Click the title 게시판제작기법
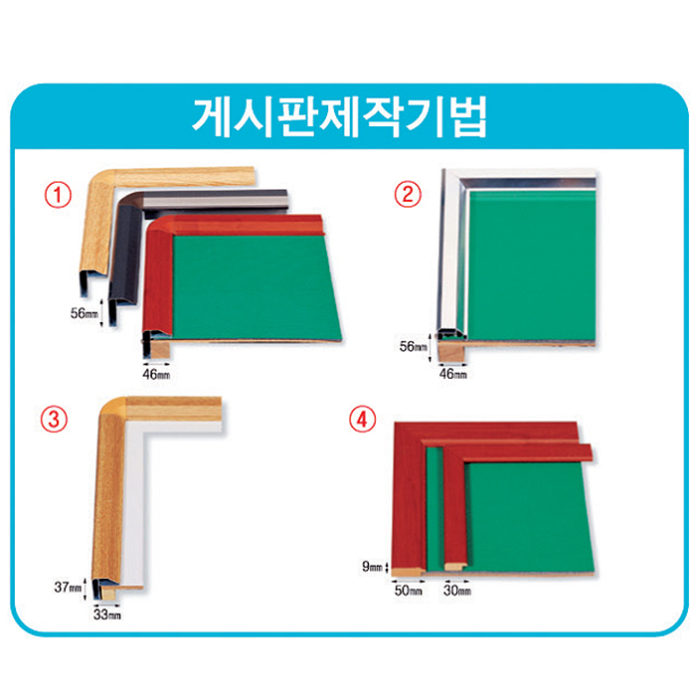point(340,116)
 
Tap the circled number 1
point(58,195)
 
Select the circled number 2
point(408,195)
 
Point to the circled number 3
point(54,420)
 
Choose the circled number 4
point(362,420)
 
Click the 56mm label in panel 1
point(85,313)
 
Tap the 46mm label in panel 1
point(156,374)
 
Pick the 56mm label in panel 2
point(413,346)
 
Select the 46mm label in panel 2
point(452,374)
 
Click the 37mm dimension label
point(68,588)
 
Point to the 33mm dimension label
point(107,614)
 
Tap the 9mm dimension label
point(372,567)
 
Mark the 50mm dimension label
point(409,591)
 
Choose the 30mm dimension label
point(457,591)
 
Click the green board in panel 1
point(256,286)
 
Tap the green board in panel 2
point(532,265)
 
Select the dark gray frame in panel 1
point(126,240)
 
